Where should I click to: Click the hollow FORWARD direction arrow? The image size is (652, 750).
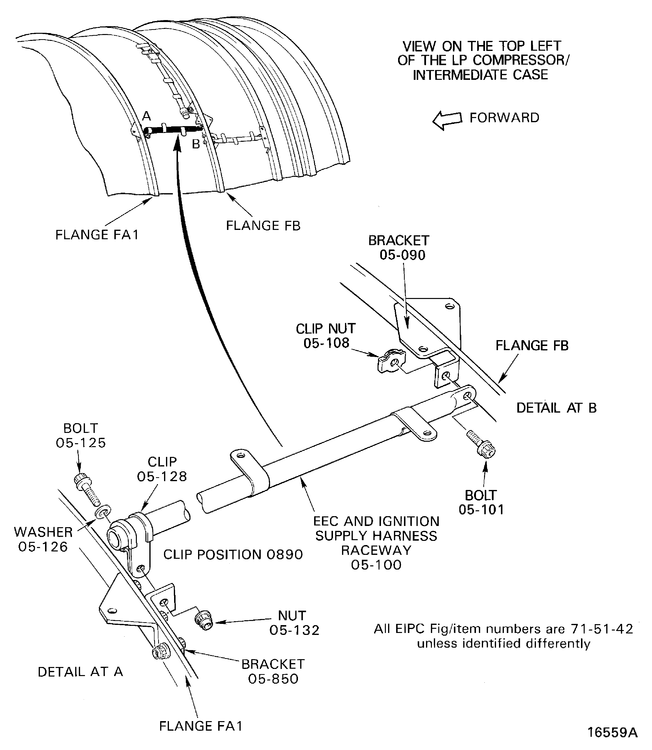point(447,120)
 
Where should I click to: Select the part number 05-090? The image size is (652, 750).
point(403,255)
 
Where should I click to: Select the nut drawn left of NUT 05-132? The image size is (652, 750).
point(204,620)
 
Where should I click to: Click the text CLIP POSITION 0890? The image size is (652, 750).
point(233,555)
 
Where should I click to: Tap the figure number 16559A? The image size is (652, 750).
point(612,732)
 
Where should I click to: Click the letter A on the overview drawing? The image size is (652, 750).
point(146,117)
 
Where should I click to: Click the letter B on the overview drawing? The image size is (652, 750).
point(196,144)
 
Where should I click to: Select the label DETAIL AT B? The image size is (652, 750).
point(556,408)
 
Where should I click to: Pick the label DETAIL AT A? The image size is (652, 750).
point(80,672)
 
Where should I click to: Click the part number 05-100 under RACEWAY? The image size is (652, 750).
point(376,565)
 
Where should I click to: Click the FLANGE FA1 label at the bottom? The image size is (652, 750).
point(201,726)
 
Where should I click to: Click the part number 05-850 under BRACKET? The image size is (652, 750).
point(273,679)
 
